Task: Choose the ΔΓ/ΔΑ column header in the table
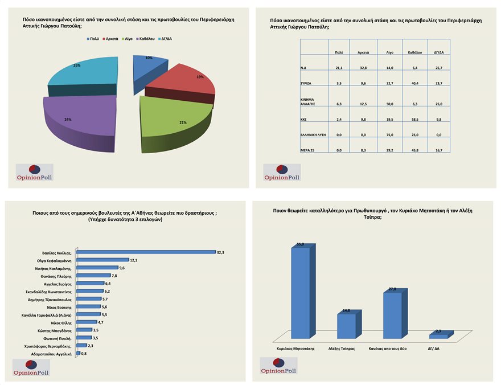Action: (x=438, y=52)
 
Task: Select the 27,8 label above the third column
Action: (x=392, y=289)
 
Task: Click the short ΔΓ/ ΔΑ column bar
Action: (x=438, y=337)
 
